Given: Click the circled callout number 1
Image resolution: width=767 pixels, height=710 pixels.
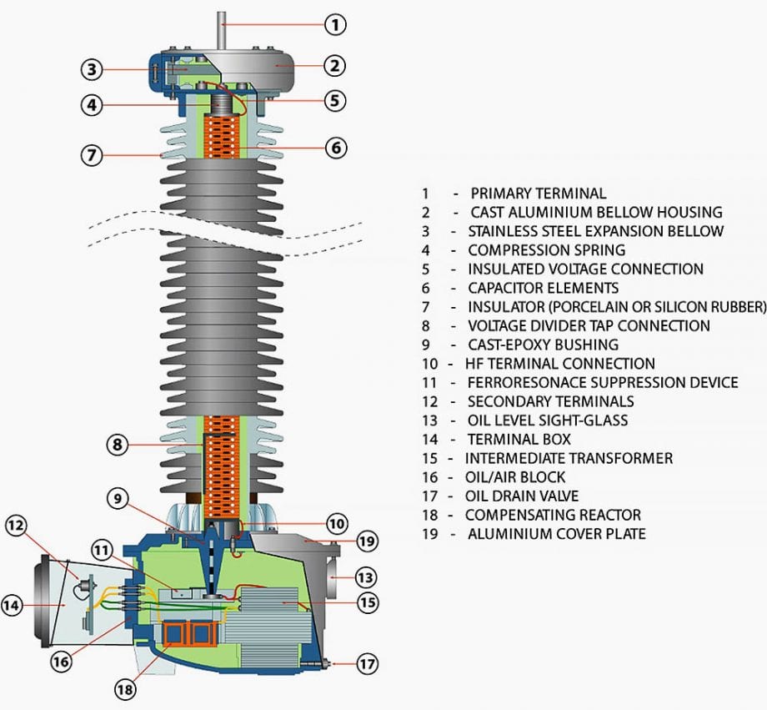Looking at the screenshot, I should pos(334,24).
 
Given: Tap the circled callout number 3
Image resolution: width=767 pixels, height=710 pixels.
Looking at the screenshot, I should pos(92,69).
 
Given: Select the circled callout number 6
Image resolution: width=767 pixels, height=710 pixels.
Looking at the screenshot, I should pos(334,148).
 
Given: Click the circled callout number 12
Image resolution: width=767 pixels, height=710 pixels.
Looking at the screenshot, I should pos(17,526).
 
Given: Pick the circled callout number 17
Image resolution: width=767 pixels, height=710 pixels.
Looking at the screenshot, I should pos(367,664).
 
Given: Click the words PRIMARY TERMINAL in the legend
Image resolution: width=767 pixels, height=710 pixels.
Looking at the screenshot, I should pos(539,194).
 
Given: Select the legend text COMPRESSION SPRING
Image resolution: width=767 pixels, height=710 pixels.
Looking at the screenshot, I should pos(546,250).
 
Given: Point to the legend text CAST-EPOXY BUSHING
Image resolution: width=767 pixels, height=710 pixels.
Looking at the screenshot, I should pos(543,345).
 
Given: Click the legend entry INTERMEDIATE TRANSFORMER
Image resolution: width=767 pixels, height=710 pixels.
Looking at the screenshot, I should pos(569,458).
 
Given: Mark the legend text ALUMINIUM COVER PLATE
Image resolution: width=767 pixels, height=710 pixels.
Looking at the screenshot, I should pos(556,534).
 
